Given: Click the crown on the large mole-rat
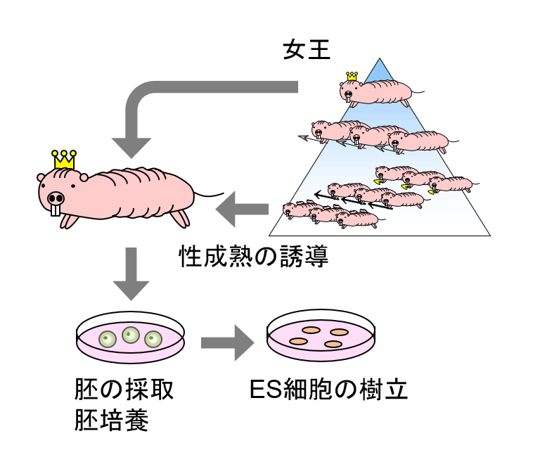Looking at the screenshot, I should (x=65, y=160).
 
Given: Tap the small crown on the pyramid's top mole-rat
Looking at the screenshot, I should (x=352, y=76).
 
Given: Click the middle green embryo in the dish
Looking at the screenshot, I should (x=130, y=334).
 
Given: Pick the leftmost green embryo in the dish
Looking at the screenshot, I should (x=108, y=340).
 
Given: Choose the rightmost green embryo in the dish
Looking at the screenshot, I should (x=153, y=340).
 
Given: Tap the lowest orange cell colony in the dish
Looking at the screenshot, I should (x=332, y=345).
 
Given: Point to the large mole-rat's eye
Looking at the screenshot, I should (x=73, y=186).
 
